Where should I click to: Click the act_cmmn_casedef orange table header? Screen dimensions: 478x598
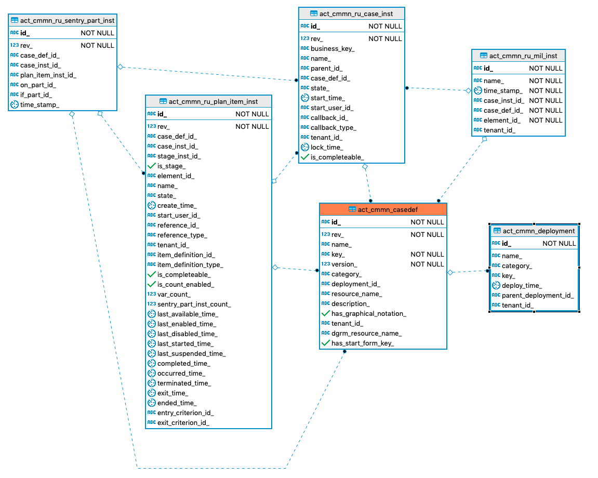click(x=383, y=209)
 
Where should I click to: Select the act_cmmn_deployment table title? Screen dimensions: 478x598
click(x=538, y=231)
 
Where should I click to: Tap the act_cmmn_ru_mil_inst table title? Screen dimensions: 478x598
click(x=523, y=56)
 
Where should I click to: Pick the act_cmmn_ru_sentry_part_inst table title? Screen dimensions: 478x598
click(x=67, y=20)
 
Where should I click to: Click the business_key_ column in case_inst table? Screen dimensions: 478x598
click(x=333, y=48)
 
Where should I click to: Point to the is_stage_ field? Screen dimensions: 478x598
click(x=171, y=166)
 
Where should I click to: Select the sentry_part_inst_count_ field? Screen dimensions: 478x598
click(x=194, y=304)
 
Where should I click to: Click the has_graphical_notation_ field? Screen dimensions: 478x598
click(x=368, y=313)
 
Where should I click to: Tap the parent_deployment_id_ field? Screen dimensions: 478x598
click(x=537, y=295)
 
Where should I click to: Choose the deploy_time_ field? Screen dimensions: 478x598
click(x=522, y=285)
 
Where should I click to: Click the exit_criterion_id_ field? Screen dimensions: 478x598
click(x=183, y=422)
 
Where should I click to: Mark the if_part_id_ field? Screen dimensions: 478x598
click(x=36, y=95)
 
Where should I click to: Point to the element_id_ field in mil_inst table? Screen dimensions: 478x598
click(x=502, y=120)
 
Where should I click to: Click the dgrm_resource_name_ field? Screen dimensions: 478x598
click(x=366, y=333)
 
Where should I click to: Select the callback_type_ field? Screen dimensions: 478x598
click(x=333, y=127)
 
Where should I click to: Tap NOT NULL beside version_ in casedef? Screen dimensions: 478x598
click(x=427, y=264)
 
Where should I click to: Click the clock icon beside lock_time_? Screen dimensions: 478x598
click(x=305, y=147)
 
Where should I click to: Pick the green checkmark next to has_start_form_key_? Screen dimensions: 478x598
click(x=326, y=343)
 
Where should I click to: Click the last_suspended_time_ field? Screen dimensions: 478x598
click(x=191, y=353)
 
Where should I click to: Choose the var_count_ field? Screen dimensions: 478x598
click(x=174, y=294)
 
